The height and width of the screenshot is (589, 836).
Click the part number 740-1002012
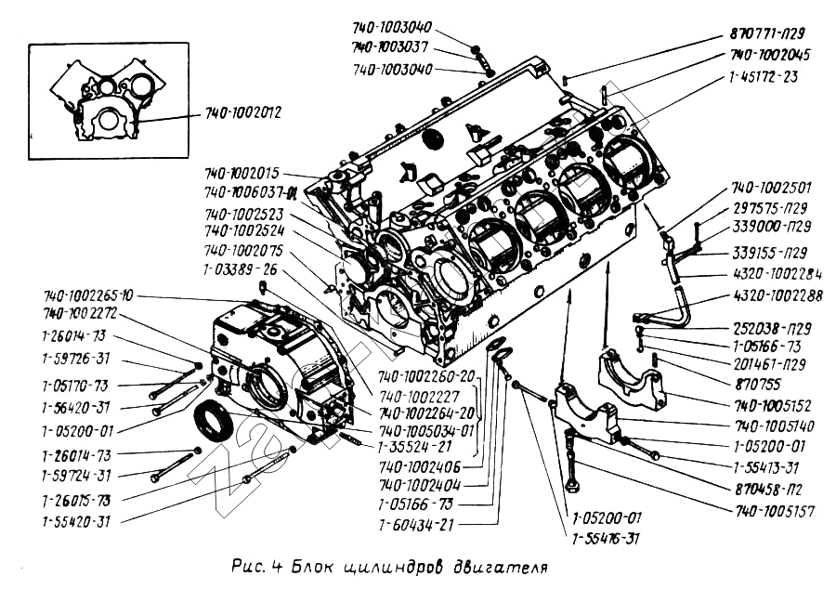[243, 113]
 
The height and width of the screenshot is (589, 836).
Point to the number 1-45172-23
[764, 77]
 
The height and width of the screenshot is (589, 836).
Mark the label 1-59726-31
[75, 360]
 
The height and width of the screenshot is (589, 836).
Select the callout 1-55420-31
[76, 521]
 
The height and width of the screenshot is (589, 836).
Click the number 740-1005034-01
[427, 431]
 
